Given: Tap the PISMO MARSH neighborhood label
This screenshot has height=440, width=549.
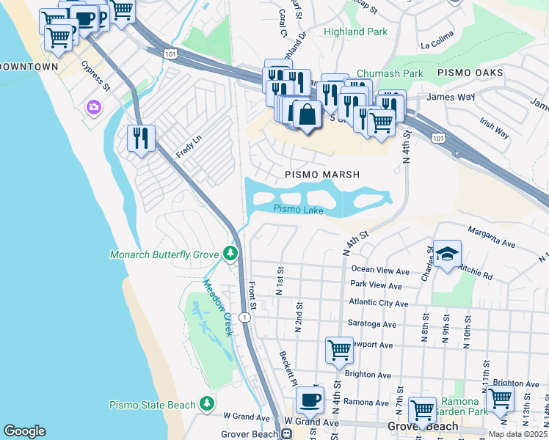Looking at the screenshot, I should click(x=322, y=175).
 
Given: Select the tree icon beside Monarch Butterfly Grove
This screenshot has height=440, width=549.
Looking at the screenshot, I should click(x=230, y=254).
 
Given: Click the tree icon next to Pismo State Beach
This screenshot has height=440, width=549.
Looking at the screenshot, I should click(x=208, y=405).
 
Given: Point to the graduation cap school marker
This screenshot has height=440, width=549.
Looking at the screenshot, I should click(x=447, y=254).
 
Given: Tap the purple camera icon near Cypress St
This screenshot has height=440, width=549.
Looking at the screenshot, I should click(x=93, y=108).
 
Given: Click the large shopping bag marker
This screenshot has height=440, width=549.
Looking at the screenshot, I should click(x=307, y=114).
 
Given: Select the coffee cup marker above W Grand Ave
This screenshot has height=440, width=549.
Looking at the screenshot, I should click(x=309, y=400).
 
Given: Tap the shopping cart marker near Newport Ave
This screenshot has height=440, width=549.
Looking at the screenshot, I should click(x=338, y=350).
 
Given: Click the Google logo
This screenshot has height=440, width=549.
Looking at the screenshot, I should click(x=24, y=431).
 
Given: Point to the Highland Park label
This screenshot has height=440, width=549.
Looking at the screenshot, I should click(x=355, y=32).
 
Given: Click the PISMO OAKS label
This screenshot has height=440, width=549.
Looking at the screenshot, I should click(x=470, y=73).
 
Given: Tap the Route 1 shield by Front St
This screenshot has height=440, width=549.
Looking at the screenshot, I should click(x=245, y=318).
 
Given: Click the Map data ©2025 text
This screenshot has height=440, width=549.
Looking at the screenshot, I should click(x=517, y=434).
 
